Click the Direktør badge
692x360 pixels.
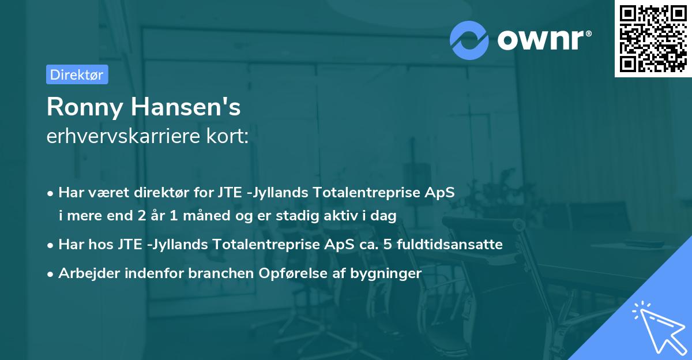(x=77, y=74)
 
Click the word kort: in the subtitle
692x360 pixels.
(x=230, y=137)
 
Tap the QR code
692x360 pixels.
(x=653, y=38)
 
